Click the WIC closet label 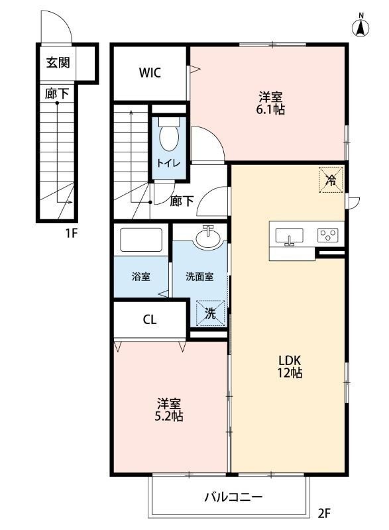[x=150, y=73]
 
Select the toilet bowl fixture [x=170, y=135]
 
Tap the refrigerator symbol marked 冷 [x=331, y=179]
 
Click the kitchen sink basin [x=289, y=236]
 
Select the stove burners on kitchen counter [x=328, y=235]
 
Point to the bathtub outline [x=140, y=240]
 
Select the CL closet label [x=150, y=319]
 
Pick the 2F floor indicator [x=324, y=512]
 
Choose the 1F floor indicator [x=72, y=233]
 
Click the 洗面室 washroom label [x=199, y=276]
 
